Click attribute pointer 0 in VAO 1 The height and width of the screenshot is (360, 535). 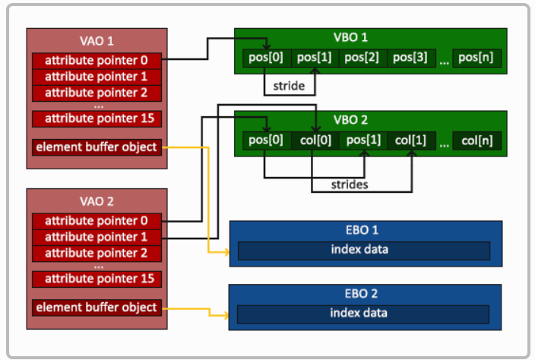click(x=97, y=61)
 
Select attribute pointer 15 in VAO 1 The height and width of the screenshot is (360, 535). click(x=97, y=118)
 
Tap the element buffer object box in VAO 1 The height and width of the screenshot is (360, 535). click(x=97, y=147)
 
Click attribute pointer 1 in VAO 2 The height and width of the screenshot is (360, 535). click(x=97, y=237)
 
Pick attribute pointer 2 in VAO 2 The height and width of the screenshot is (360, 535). click(x=97, y=254)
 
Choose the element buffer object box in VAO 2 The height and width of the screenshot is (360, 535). click(x=97, y=308)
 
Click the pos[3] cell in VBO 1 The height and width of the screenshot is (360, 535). click(x=411, y=58)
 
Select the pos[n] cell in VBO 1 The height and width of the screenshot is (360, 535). click(x=476, y=58)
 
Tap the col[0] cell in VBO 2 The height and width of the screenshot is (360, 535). click(x=315, y=141)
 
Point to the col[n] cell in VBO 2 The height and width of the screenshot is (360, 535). click(x=476, y=141)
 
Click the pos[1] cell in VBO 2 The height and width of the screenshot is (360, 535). click(x=363, y=141)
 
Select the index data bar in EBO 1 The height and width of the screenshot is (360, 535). click(x=364, y=251)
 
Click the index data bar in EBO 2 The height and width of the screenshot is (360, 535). click(x=363, y=314)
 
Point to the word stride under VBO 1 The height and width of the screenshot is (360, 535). click(x=289, y=86)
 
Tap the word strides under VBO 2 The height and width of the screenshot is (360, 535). click(x=350, y=185)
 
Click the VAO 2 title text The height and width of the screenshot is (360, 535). click(x=97, y=201)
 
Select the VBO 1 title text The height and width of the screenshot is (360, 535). click(x=350, y=37)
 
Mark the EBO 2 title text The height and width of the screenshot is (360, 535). click(x=361, y=293)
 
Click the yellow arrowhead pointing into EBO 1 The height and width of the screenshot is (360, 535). click(x=226, y=252)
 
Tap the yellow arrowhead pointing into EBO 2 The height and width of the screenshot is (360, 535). click(x=225, y=315)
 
